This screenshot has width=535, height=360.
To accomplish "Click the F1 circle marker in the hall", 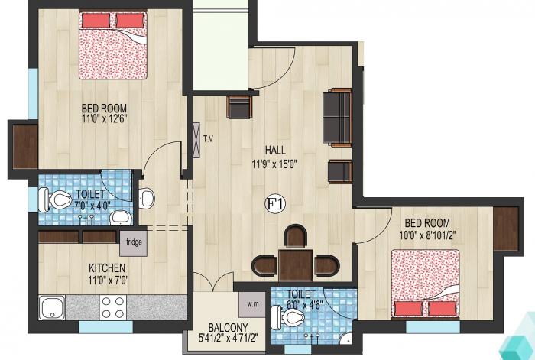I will [275, 203].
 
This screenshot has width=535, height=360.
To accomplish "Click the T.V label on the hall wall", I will [208, 138].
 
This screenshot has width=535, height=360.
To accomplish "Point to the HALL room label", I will [276, 149].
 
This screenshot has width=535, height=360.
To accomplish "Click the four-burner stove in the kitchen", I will [113, 306].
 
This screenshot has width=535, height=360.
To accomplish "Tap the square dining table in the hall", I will [295, 264].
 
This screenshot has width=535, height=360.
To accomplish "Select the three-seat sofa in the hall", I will [337, 117].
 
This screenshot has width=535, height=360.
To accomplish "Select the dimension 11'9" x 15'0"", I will [276, 163].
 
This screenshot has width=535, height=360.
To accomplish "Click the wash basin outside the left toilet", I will [146, 199].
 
